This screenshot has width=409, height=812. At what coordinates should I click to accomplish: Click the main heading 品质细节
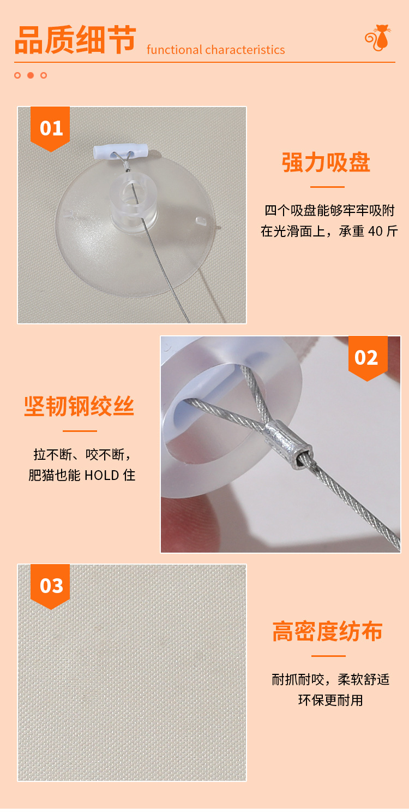75,41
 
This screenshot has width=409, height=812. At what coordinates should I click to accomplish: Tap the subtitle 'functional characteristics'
215,50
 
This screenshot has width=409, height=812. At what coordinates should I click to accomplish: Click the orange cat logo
377,39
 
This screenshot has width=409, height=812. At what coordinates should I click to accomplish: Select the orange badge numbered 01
51,128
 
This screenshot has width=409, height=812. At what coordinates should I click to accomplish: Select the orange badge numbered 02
367,358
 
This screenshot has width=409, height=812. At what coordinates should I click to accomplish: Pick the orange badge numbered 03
51,585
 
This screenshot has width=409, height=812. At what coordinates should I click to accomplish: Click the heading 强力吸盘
326,163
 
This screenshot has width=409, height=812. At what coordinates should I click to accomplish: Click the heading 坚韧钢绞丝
80,406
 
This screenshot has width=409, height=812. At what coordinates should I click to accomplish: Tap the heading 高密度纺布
327,631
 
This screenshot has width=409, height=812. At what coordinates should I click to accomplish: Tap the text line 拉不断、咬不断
81,454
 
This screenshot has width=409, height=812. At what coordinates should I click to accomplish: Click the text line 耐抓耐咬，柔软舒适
330,679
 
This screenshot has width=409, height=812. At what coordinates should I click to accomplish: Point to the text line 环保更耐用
330,700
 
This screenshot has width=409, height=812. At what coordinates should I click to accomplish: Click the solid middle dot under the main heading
31,75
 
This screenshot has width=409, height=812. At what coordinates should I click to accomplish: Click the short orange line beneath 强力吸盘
327,187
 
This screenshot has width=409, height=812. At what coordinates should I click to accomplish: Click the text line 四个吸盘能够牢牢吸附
329,210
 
